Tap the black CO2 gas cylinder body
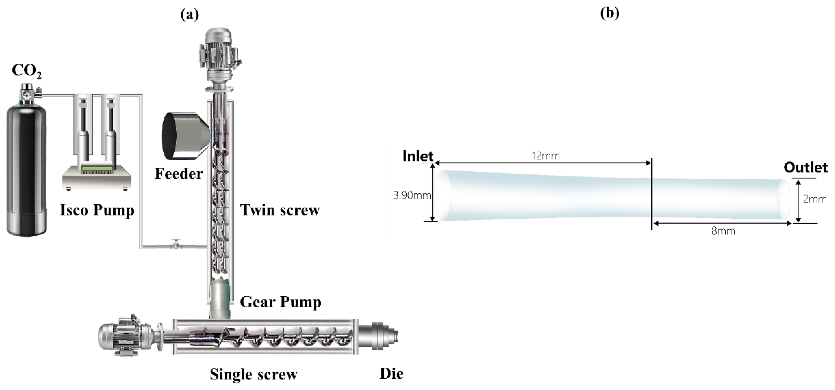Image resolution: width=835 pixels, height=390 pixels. pyautogui.click(x=27, y=169)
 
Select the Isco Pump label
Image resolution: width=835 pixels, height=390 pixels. pyautogui.click(x=97, y=210)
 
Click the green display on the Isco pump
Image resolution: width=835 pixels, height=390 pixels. pyautogui.click(x=97, y=169)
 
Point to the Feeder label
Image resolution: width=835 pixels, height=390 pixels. pyautogui.click(x=179, y=174)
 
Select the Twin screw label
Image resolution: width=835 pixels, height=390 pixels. pyautogui.click(x=280, y=210)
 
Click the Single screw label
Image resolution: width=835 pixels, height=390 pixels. pyautogui.click(x=253, y=375)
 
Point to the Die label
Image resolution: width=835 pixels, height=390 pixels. pyautogui.click(x=391, y=374)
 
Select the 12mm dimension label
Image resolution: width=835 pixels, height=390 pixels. pyautogui.click(x=546, y=156)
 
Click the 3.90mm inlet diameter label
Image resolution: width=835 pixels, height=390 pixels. pyautogui.click(x=412, y=195)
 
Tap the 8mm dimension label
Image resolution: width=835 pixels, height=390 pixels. pyautogui.click(x=723, y=231)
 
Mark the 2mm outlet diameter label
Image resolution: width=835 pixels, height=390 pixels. pyautogui.click(x=814, y=199)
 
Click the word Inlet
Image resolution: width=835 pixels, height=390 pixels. pyautogui.click(x=418, y=156)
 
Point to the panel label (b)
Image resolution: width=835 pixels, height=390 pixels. pyautogui.click(x=610, y=13)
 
